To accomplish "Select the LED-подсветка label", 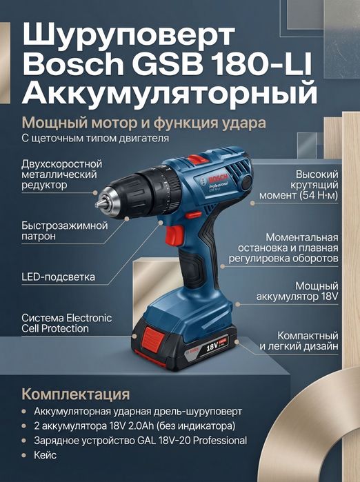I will click(x=58, y=277).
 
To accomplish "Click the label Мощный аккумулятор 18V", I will click(x=307, y=290).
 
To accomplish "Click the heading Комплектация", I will click(x=75, y=394).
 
